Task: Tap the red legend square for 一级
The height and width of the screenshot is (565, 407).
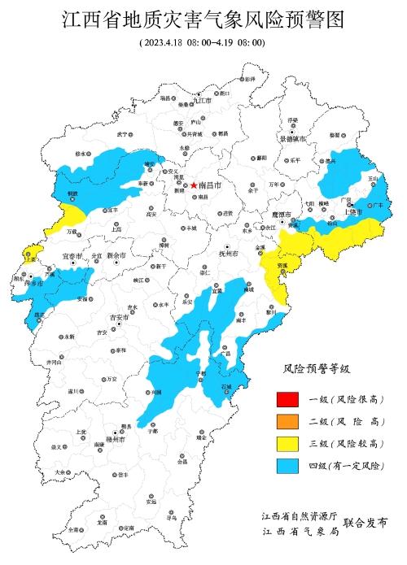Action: (286, 399)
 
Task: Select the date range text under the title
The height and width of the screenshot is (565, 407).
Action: (202, 41)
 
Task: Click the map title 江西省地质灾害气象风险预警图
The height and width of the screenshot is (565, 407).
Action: (203, 19)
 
